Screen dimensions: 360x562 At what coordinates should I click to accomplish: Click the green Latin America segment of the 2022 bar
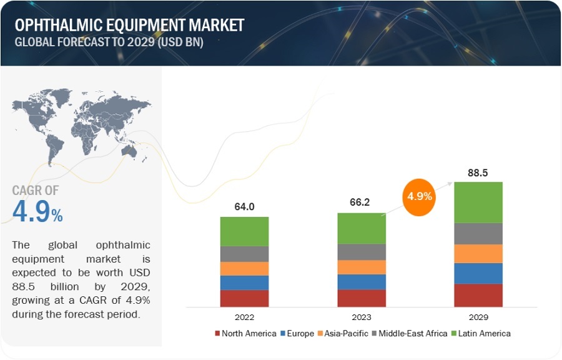tap(244, 231)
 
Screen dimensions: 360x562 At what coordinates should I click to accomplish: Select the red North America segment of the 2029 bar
tap(478, 295)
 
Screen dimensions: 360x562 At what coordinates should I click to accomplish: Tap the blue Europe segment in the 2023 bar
tap(362, 282)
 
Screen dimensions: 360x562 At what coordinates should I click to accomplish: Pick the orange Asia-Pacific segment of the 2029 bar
tap(478, 253)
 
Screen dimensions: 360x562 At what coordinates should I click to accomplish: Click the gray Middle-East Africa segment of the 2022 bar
tap(244, 254)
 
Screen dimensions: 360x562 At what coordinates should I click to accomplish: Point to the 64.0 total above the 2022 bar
tap(244, 207)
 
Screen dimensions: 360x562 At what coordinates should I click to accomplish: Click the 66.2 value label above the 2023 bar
tap(362, 202)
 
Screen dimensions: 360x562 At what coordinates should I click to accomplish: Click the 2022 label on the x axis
tap(244, 316)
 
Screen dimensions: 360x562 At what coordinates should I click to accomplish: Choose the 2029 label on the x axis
tap(478, 316)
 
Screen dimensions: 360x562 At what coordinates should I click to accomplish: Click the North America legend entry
tap(245, 333)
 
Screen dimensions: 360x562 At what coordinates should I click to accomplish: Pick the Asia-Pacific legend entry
tap(343, 333)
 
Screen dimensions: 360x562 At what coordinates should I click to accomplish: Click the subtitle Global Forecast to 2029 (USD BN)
tap(109, 42)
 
